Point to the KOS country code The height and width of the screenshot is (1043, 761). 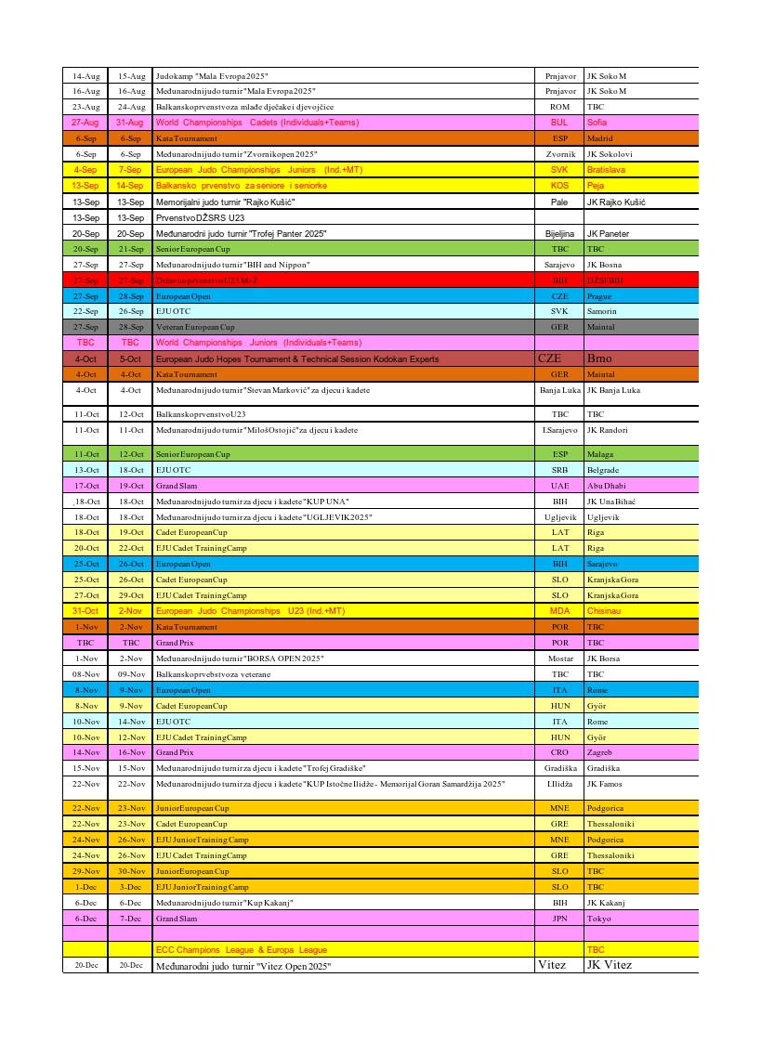[559, 186]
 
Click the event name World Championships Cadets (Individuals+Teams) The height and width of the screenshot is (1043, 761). [257, 123]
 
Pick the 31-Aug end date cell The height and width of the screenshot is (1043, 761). [130, 123]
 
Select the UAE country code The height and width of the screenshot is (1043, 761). [559, 486]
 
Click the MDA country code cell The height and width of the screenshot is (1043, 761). [559, 611]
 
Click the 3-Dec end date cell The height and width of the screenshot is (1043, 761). [130, 887]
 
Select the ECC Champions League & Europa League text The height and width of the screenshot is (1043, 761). [241, 950]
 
